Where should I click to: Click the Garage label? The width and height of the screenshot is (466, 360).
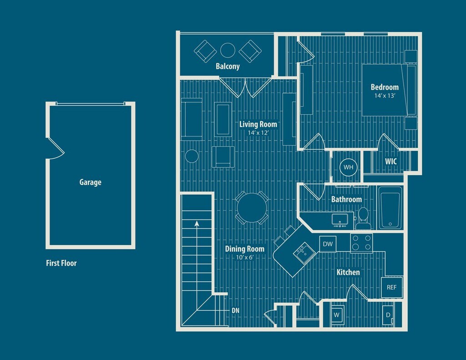[x=90, y=183]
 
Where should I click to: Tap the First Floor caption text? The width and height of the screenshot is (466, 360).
[x=61, y=263]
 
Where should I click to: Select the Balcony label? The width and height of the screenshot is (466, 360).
[x=228, y=66]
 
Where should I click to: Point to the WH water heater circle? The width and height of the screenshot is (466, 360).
[x=348, y=167]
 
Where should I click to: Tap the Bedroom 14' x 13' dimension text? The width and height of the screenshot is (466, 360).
[x=384, y=96]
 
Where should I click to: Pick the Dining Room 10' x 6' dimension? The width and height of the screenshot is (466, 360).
[x=244, y=257]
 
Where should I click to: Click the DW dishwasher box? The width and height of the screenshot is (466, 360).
[x=328, y=244]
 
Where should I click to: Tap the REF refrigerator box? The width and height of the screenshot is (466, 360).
[x=391, y=287]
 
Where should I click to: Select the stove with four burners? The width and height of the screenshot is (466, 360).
[x=361, y=243]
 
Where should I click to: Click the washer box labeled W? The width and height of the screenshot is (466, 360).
[x=337, y=314]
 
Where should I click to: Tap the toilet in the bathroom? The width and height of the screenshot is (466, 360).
[x=363, y=216]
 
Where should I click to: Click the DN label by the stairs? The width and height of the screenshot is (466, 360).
[x=235, y=311]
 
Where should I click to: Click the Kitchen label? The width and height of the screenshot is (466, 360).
[x=348, y=272]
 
